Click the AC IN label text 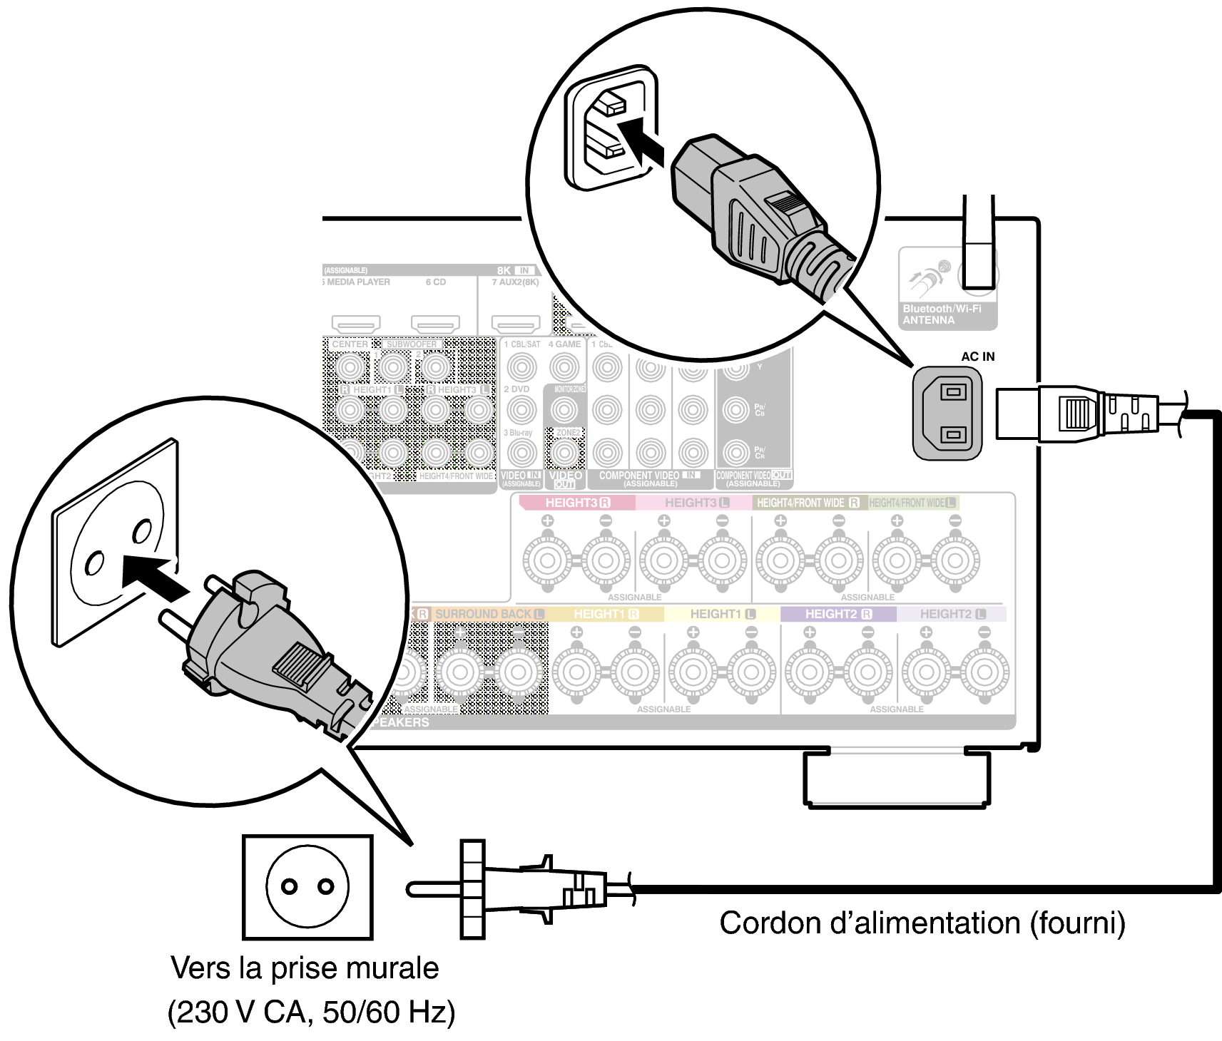977,357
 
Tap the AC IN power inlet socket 948,413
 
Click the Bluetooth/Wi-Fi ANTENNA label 942,314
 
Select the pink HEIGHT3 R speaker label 577,503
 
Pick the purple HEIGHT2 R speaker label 838,614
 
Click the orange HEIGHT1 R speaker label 606,614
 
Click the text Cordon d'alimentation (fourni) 922,923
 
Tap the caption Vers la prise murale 305,968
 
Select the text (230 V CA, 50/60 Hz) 311,1012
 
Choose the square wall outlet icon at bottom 307,887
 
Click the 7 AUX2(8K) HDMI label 515,282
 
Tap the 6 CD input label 435,282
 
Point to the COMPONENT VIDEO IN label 649,476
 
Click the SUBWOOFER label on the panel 412,344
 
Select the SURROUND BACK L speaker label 489,614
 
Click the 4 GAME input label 564,344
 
